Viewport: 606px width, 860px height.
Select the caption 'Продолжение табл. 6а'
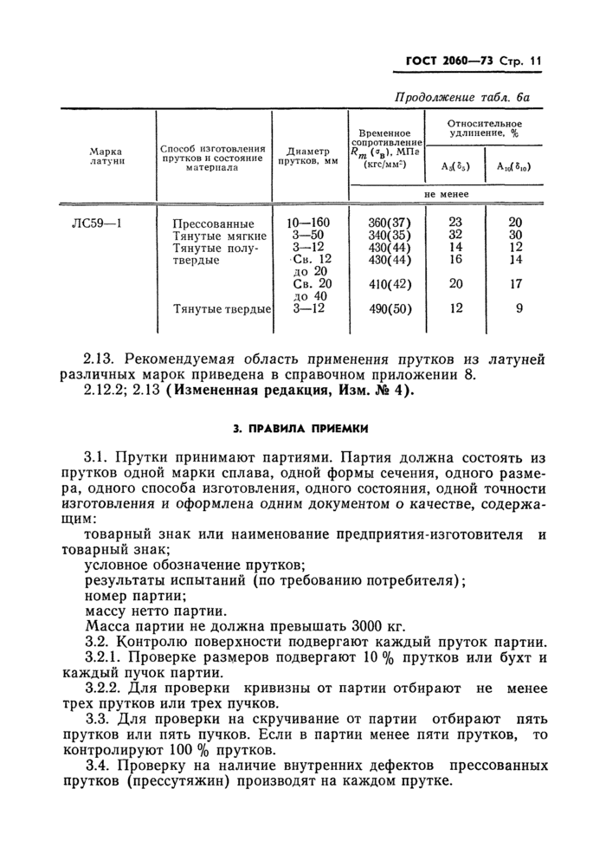(467, 99)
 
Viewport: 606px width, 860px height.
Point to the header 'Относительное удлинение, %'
(484, 130)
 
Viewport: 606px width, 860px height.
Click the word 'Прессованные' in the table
(213, 223)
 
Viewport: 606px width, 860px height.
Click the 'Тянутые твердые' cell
(222, 309)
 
